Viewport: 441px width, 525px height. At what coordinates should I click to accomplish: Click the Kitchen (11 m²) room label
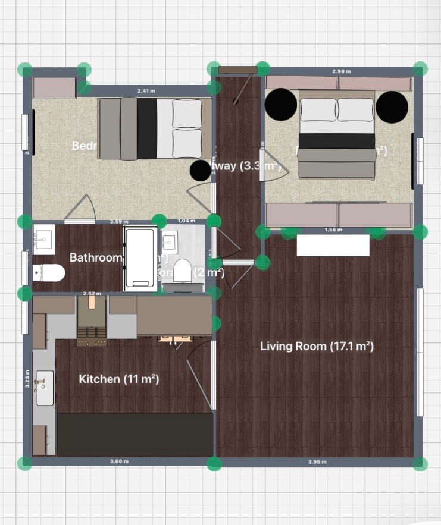point(119,379)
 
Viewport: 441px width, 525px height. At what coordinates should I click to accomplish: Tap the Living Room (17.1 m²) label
point(317,346)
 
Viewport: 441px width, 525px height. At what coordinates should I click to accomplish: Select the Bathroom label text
point(95,257)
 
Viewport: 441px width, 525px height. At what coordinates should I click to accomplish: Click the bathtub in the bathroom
point(140,259)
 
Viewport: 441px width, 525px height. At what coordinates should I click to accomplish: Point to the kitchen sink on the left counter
point(45,387)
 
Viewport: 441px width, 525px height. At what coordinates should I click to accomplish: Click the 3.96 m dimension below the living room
point(317,461)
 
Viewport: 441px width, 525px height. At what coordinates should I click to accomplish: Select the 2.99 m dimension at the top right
point(341,71)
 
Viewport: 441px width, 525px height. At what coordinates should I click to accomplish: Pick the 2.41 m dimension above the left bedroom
point(146,91)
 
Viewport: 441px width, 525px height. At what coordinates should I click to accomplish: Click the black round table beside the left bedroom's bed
point(200,171)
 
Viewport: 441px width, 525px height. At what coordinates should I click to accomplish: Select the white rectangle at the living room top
point(333,245)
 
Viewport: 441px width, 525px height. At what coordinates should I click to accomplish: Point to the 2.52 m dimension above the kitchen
point(91,293)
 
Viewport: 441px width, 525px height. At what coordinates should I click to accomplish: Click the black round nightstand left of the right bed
point(280,105)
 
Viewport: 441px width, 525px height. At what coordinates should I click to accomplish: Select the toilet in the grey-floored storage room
point(183,272)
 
